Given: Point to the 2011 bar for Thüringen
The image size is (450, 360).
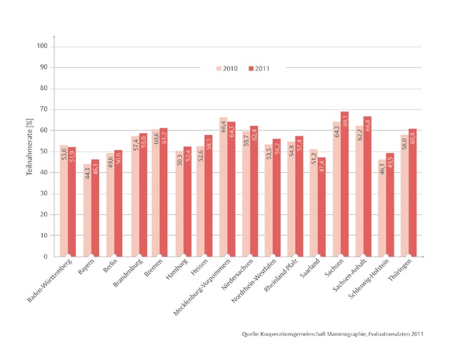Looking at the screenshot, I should pos(412,192).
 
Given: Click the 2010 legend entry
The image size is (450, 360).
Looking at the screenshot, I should pos(227,69).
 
